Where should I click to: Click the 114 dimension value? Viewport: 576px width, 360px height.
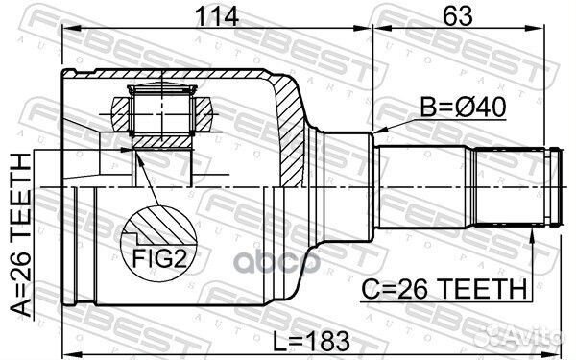pyautogui.click(x=217, y=15)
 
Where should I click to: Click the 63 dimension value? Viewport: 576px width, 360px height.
pyautogui.click(x=457, y=15)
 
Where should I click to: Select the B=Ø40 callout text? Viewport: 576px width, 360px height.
pyautogui.click(x=464, y=107)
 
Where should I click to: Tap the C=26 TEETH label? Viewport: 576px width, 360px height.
pyautogui.click(x=444, y=288)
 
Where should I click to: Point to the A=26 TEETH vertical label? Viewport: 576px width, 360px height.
pyautogui.click(x=20, y=235)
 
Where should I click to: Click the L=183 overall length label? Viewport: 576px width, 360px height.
pyautogui.click(x=312, y=341)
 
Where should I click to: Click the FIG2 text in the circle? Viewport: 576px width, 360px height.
pyautogui.click(x=158, y=258)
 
